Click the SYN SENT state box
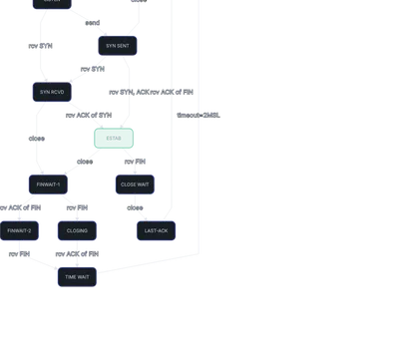[118, 46]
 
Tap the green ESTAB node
[113, 138]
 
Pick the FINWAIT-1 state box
[49, 184]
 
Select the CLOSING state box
[77, 230]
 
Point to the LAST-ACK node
[156, 230]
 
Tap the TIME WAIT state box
[77, 276]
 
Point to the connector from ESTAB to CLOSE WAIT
[124, 162]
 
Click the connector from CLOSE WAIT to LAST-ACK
[141, 207]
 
